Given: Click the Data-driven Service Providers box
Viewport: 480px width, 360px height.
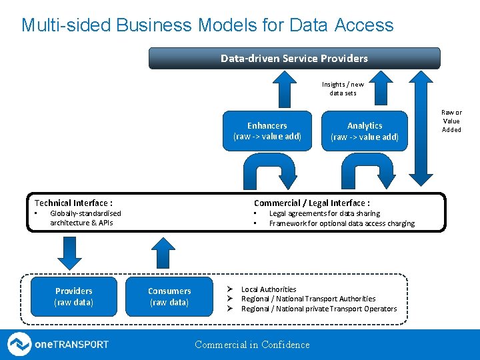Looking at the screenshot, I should click(x=294, y=58).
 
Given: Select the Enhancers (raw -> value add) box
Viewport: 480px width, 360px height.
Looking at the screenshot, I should click(x=267, y=131).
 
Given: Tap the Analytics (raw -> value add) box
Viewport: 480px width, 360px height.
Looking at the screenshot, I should click(x=365, y=131).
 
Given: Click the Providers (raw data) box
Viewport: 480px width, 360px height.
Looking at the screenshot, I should click(x=74, y=297).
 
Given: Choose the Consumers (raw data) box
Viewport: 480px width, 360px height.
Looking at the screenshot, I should click(x=169, y=297).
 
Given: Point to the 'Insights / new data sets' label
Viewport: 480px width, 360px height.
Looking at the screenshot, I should click(x=343, y=89).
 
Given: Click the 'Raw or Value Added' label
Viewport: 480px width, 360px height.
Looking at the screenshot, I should click(x=451, y=121).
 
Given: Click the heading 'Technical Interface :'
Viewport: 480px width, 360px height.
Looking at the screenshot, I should click(x=73, y=203).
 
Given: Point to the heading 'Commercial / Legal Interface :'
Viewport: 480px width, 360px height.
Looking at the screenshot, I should click(x=312, y=203).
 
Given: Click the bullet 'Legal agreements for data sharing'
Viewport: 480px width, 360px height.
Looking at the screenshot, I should click(x=324, y=213).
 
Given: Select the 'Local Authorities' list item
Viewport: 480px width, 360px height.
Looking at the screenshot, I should click(x=269, y=289).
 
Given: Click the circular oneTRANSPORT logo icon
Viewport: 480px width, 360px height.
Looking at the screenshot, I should click(x=19, y=345).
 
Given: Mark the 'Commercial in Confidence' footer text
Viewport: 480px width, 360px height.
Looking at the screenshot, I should click(x=252, y=345).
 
